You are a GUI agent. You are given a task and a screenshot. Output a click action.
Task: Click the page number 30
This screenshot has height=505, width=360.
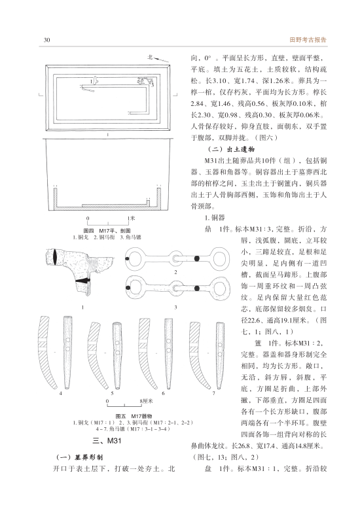click(x=46, y=40)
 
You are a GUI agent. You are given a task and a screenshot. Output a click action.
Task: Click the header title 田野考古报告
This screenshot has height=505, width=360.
click(x=308, y=40)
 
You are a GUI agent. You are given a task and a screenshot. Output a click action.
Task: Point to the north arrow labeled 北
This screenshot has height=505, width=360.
click(x=158, y=58)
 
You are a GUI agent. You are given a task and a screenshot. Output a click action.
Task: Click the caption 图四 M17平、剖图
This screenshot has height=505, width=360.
click(x=107, y=231)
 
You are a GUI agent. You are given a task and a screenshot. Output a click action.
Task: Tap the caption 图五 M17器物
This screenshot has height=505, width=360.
click(x=134, y=416)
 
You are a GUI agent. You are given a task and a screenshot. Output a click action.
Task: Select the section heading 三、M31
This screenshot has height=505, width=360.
click(x=107, y=441)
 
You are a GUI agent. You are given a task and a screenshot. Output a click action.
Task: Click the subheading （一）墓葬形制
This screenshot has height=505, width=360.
click(x=80, y=457)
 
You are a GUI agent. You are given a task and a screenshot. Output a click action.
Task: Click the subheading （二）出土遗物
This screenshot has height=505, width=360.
click(x=231, y=149)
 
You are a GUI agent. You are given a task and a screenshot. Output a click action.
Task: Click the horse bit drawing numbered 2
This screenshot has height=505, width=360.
click(x=177, y=258)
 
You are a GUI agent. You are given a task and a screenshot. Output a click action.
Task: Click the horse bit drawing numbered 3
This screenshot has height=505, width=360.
click(x=177, y=288)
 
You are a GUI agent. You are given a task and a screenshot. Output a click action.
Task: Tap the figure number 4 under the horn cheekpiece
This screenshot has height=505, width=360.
click(x=61, y=393)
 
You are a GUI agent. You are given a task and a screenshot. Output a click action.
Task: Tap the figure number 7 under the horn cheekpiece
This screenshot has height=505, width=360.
click(x=213, y=393)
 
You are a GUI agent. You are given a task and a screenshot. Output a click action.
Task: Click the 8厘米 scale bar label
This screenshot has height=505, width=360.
click(x=146, y=401)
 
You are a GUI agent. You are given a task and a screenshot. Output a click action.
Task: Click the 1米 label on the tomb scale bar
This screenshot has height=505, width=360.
click(x=131, y=218)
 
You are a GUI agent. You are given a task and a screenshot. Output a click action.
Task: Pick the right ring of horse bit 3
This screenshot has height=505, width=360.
click(x=229, y=288)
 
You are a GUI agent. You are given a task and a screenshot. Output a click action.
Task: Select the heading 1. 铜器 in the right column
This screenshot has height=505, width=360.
click(x=215, y=218)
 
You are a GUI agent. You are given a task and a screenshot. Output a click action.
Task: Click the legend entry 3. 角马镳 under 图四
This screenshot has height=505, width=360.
click(x=130, y=237)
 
